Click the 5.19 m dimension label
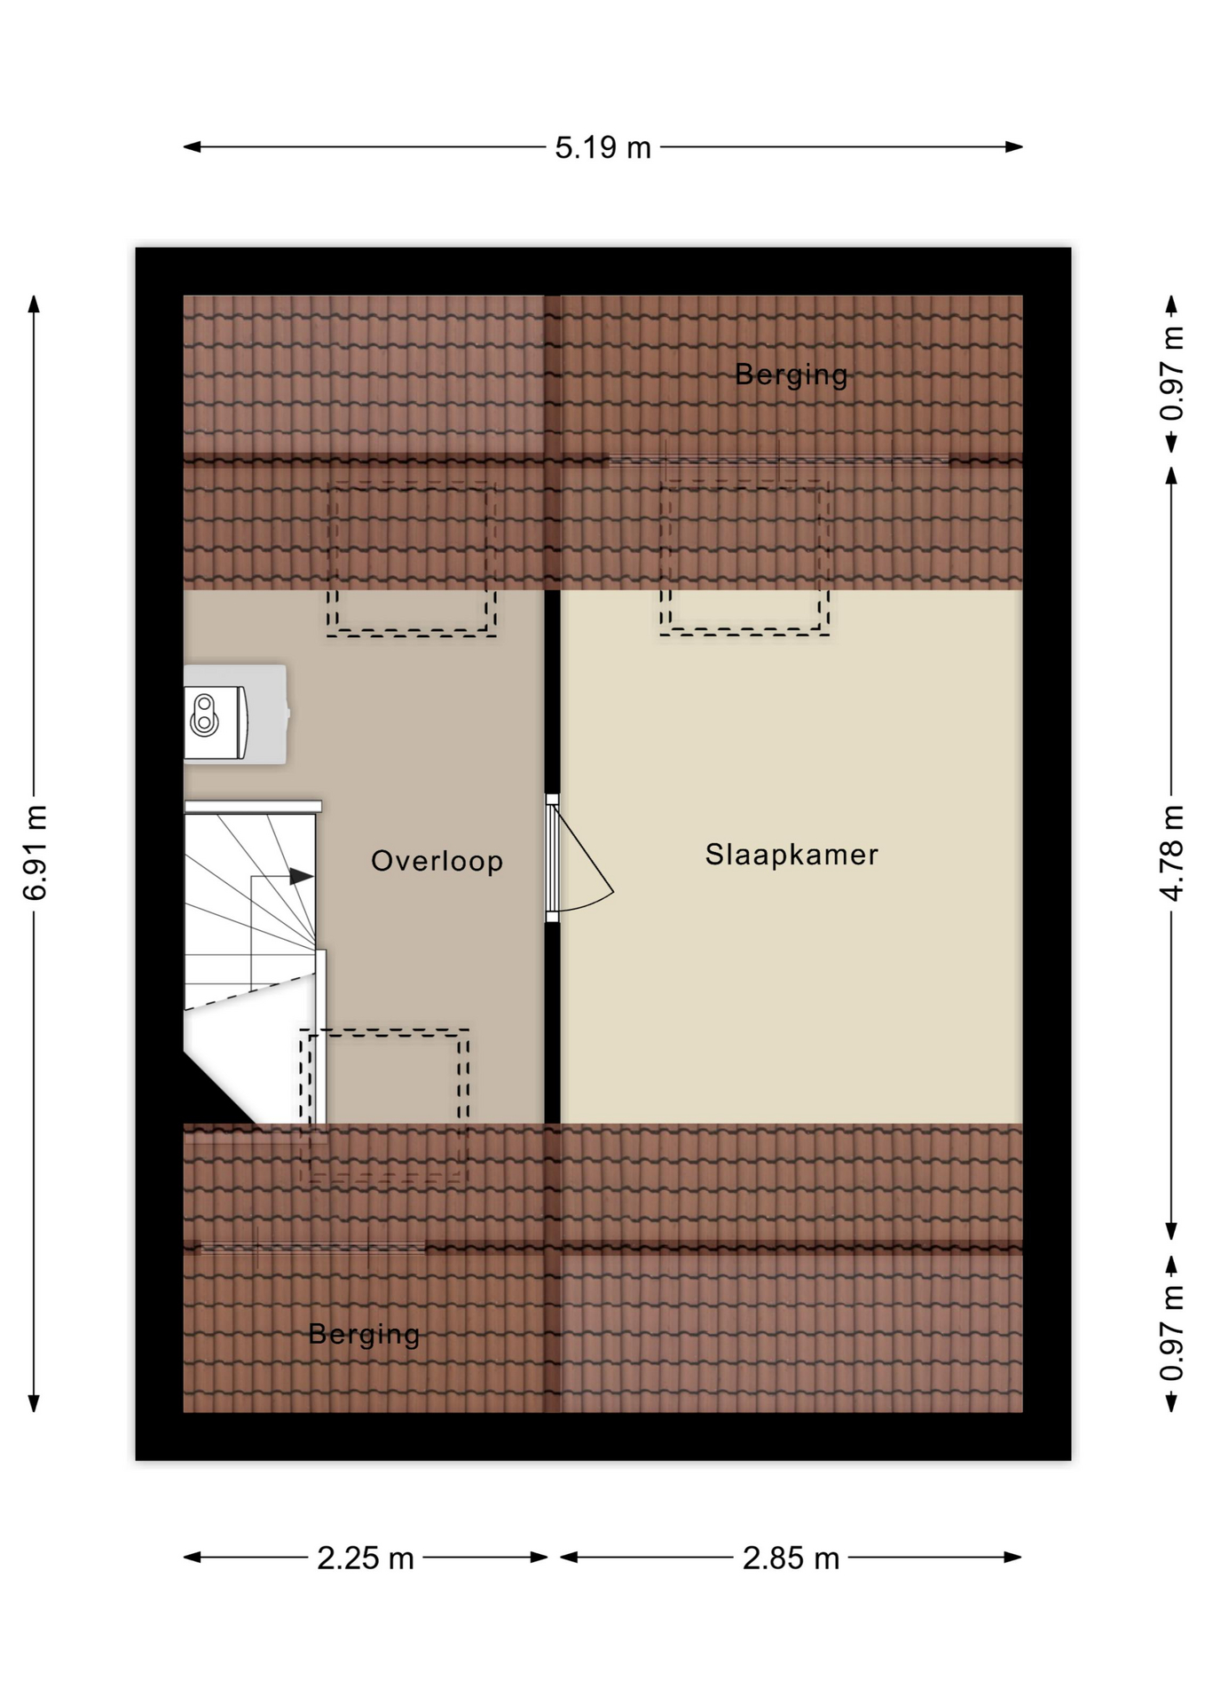(x=602, y=147)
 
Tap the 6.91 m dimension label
(x=35, y=853)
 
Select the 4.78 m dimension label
(x=1172, y=853)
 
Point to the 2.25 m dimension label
(x=366, y=1558)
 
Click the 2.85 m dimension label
(x=791, y=1558)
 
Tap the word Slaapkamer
(x=792, y=854)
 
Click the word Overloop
(x=437, y=861)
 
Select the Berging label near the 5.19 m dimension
(x=791, y=375)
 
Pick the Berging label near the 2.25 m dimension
(x=364, y=1334)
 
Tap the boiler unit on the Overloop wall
(x=236, y=714)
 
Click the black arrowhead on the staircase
(x=302, y=877)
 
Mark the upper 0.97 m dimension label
(x=1172, y=374)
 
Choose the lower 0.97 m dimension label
(x=1172, y=1333)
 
